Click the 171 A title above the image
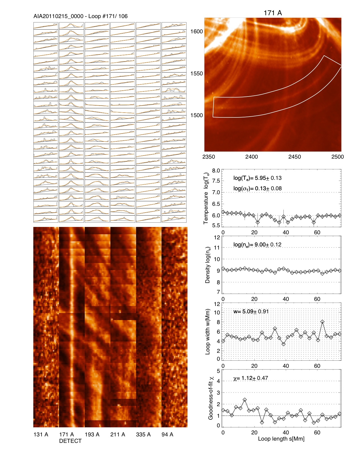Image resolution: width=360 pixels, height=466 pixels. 272,13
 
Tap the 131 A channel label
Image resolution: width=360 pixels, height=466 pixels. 41,434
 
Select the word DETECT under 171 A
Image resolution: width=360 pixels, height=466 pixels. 70,441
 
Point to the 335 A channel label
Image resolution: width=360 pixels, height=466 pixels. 143,434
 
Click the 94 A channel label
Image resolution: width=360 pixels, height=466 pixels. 167,434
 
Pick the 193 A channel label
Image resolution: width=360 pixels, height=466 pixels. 92,434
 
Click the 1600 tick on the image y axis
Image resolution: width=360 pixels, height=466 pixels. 197,32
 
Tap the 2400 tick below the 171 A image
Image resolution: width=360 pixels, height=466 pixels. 251,157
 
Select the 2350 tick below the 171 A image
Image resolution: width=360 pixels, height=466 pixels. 209,157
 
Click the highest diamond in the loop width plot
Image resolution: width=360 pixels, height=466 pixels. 322,322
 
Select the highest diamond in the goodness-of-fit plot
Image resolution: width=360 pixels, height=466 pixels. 245,400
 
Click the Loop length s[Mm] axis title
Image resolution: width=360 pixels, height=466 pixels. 281,439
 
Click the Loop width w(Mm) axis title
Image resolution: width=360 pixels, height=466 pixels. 208,332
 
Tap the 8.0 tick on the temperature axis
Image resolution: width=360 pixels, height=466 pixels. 216,171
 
